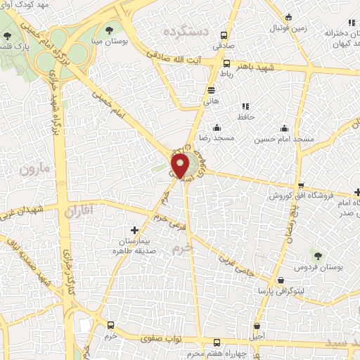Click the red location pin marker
181,166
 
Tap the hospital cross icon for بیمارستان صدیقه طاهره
135,230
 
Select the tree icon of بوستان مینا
110,30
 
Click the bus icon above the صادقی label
224,35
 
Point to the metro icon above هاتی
211,89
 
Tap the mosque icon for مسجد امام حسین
284,129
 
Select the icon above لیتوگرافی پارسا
281,280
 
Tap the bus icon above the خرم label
110,326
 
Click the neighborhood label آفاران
78,210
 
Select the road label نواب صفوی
164,339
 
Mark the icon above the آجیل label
258,326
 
